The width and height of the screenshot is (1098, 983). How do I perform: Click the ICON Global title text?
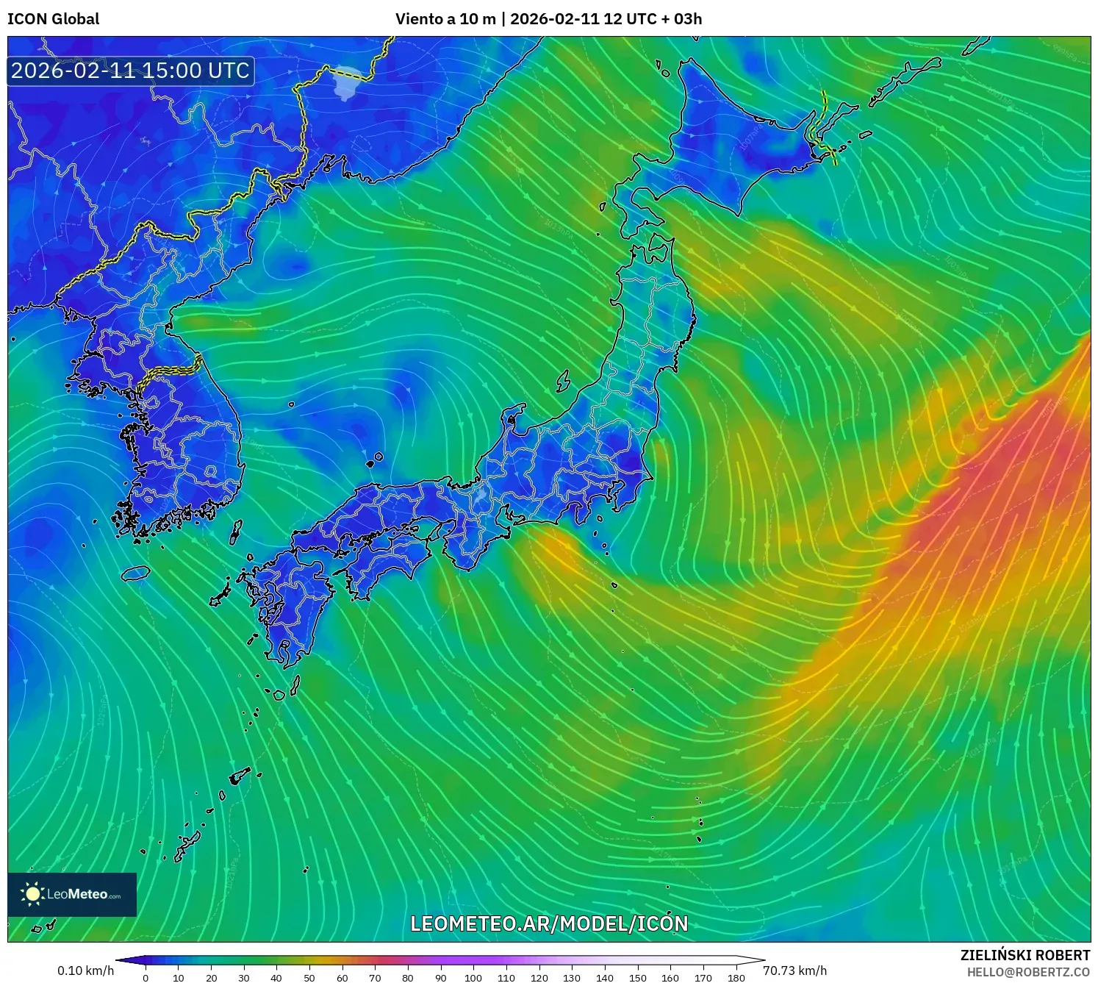click(53, 19)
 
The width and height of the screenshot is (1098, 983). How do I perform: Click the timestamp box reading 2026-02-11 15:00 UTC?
click(131, 71)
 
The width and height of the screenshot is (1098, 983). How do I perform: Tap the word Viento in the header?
click(416, 19)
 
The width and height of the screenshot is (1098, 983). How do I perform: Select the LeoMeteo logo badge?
click(72, 894)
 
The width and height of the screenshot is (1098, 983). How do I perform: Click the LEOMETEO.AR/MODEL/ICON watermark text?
click(549, 923)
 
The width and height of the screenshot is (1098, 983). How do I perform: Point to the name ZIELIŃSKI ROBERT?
click(1025, 955)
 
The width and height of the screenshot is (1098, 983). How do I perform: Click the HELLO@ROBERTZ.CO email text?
click(1027, 972)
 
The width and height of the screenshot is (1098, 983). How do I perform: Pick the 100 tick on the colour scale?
click(473, 977)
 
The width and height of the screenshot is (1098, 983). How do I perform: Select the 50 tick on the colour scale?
click(309, 977)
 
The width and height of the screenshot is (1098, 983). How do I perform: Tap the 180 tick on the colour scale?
click(736, 977)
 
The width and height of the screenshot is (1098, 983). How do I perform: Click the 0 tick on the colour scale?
click(146, 977)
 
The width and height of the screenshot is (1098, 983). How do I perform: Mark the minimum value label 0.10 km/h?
click(85, 971)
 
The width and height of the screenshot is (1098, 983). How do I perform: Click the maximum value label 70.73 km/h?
click(794, 971)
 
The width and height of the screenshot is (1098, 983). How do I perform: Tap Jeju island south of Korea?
click(136, 572)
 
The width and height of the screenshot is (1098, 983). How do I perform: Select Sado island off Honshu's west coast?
click(563, 381)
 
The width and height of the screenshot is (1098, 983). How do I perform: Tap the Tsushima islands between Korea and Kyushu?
click(236, 531)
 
